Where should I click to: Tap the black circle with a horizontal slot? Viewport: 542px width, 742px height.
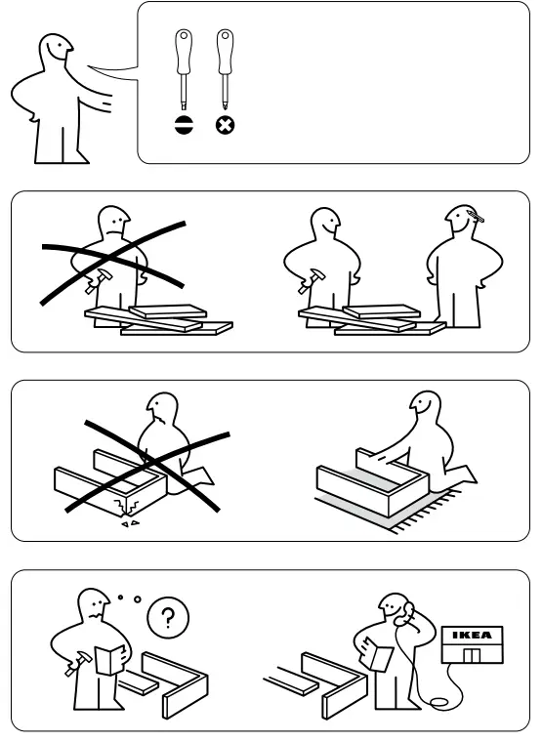pyautogui.click(x=182, y=125)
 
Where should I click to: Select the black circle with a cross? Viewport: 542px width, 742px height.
pyautogui.click(x=224, y=125)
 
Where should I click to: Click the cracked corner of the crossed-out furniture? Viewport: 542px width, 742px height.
pyautogui.click(x=124, y=506)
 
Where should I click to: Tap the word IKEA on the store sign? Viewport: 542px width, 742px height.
pyautogui.click(x=473, y=636)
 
